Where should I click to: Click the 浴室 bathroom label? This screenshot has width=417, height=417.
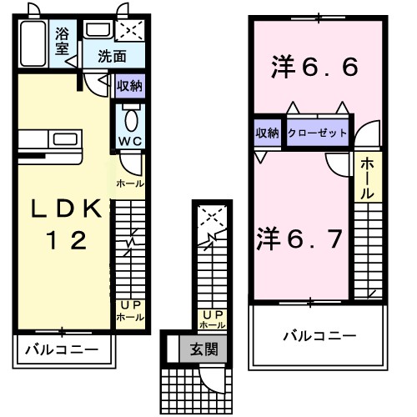pyautogui.click(x=62, y=41)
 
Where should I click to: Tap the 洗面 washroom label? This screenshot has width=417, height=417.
pyautogui.click(x=111, y=57)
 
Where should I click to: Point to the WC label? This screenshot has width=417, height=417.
pyautogui.click(x=130, y=141)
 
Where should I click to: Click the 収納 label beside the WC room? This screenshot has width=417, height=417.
pyautogui.click(x=129, y=85)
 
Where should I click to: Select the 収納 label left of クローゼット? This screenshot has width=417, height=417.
pyautogui.click(x=267, y=133)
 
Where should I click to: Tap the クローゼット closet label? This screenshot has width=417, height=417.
pyautogui.click(x=317, y=133)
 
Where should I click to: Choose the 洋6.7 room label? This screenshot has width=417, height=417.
pyautogui.click(x=299, y=239)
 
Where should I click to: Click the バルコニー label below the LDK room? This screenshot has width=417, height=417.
pyautogui.click(x=61, y=349)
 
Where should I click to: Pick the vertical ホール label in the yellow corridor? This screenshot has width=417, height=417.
pyautogui.click(x=368, y=178)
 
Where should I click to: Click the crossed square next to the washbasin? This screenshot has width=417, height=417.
pyautogui.click(x=129, y=32)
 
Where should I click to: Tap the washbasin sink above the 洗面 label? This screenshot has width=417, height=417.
pyautogui.click(x=98, y=31)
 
